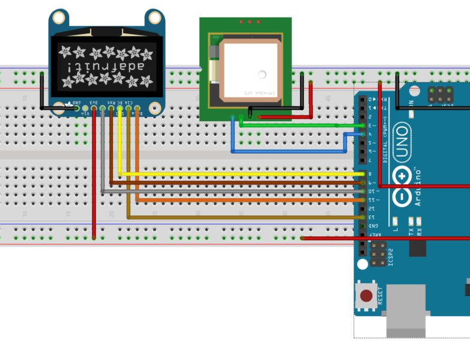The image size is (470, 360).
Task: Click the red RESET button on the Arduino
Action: (x=365, y=295)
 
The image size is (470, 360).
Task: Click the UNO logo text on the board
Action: (x=402, y=143)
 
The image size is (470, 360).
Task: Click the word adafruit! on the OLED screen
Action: (x=107, y=67)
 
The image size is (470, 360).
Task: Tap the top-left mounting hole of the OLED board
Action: (x=58, y=18)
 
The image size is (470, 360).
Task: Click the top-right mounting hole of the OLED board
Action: (x=155, y=17)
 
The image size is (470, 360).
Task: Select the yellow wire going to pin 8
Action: (x=240, y=174)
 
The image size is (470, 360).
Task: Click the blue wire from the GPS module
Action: (x=288, y=151)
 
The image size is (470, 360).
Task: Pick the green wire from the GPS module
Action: (x=300, y=125)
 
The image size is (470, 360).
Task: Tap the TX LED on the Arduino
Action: (x=411, y=221)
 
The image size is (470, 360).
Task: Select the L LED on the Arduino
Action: (x=396, y=221)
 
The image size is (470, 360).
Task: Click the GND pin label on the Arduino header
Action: (x=372, y=226)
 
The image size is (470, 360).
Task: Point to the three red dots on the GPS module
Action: (x=247, y=22)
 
